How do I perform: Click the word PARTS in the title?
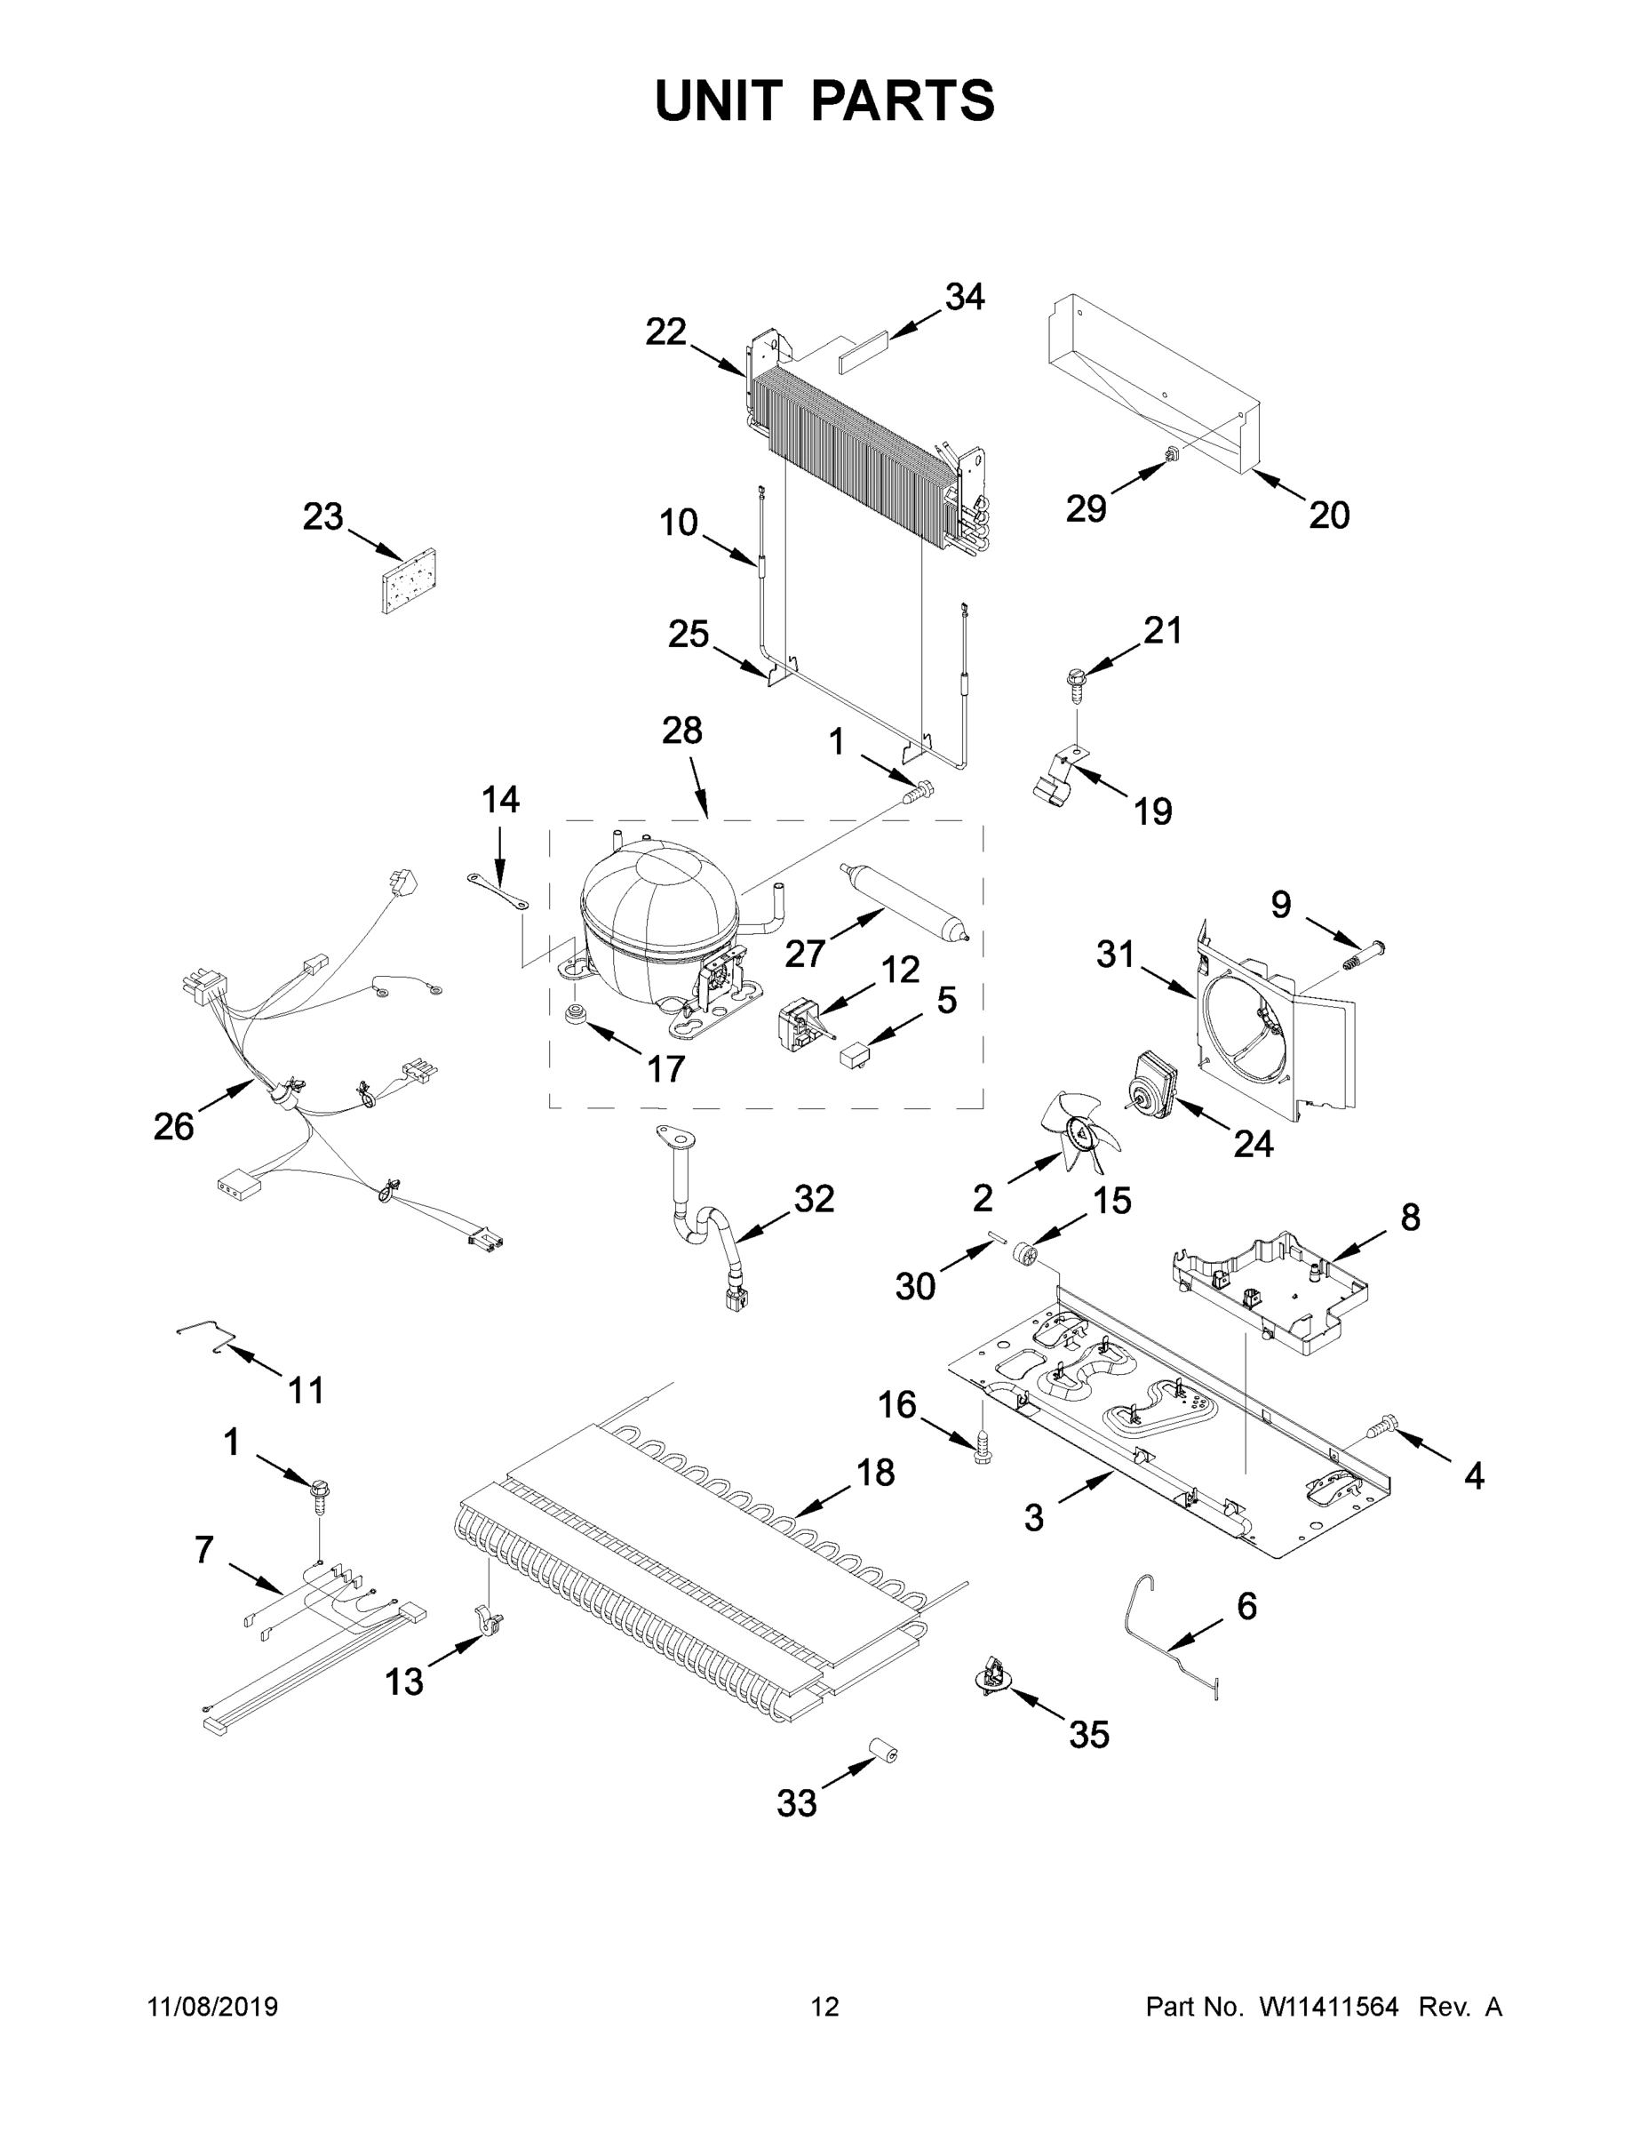[904, 100]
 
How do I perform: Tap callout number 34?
[965, 297]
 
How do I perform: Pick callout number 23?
[323, 516]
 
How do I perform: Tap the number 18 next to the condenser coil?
[875, 1473]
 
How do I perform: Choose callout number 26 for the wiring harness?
[174, 1127]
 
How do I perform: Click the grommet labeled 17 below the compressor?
[577, 1011]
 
